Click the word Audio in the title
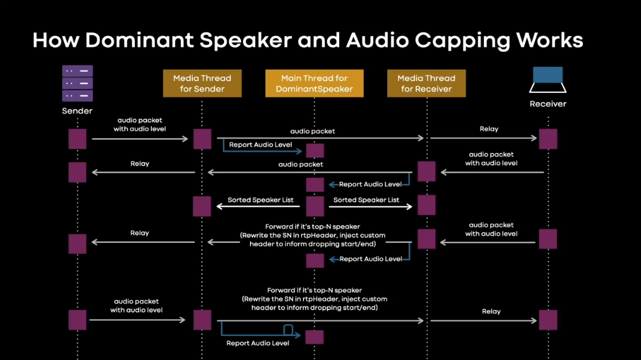pyautogui.click(x=370, y=40)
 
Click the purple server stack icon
pyautogui.click(x=77, y=84)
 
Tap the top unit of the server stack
pyautogui.click(x=77, y=71)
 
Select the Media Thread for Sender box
pyautogui.click(x=202, y=84)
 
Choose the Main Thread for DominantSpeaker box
pyautogui.click(x=314, y=84)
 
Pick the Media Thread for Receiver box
pyautogui.click(x=426, y=84)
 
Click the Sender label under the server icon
pyautogui.click(x=77, y=111)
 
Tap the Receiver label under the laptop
pyautogui.click(x=547, y=104)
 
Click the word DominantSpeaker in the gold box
pyautogui.click(x=314, y=89)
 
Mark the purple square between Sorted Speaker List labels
pyautogui.click(x=314, y=206)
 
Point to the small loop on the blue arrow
pyautogui.click(x=288, y=330)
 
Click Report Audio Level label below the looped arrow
pyautogui.click(x=258, y=343)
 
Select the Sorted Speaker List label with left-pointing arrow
pyautogui.click(x=260, y=200)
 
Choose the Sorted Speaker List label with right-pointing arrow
pyautogui.click(x=366, y=200)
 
